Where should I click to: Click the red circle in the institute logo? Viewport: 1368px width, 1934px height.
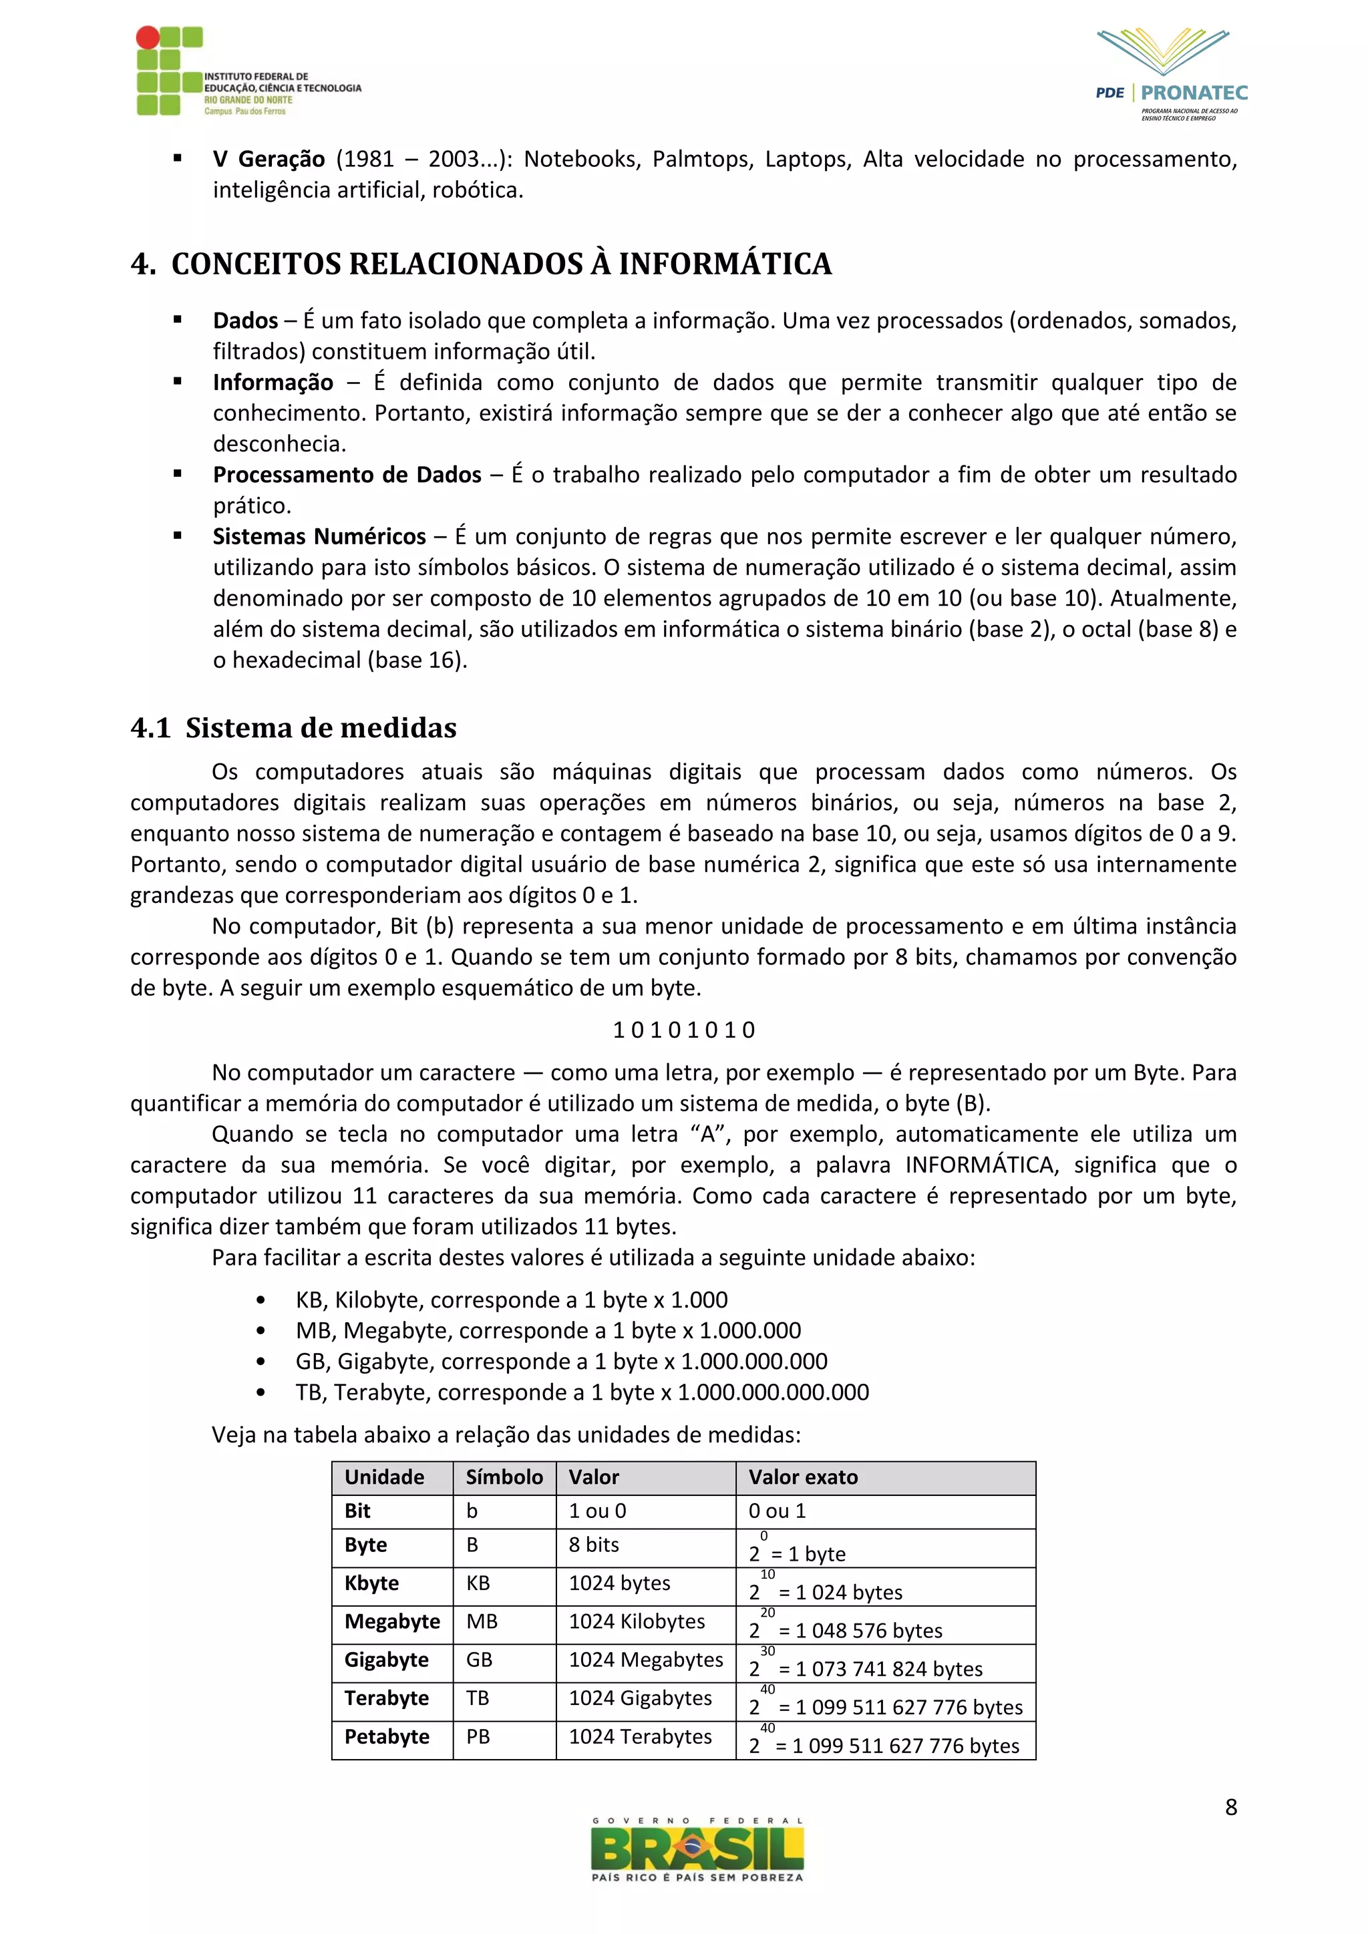pyautogui.click(x=148, y=37)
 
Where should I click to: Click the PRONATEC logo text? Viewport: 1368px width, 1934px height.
pyautogui.click(x=1194, y=93)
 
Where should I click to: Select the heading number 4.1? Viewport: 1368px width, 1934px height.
pyautogui.click(x=151, y=728)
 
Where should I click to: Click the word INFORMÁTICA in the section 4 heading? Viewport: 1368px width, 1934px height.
pyautogui.click(x=725, y=264)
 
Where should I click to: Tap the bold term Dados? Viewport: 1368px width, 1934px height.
pyautogui.click(x=245, y=321)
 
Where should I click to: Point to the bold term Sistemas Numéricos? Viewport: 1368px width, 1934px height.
pyautogui.click(x=319, y=536)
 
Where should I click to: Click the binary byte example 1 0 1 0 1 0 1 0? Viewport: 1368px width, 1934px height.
pyautogui.click(x=683, y=1029)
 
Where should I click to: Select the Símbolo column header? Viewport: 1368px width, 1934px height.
pyautogui.click(x=504, y=1477)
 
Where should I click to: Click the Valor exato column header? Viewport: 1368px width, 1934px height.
pyautogui.click(x=803, y=1477)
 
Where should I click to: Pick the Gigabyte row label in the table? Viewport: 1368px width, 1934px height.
pyautogui.click(x=386, y=1660)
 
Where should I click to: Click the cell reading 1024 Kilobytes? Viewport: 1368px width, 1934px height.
pyautogui.click(x=637, y=1621)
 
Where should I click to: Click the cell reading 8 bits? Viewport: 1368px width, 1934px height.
pyautogui.click(x=594, y=1545)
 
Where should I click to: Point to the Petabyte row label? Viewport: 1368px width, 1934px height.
pyautogui.click(x=386, y=1737)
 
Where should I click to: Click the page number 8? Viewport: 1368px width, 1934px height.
pyautogui.click(x=1230, y=1808)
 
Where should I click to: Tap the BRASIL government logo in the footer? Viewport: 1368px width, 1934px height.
pyautogui.click(x=697, y=1850)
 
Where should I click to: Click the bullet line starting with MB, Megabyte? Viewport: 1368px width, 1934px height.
pyautogui.click(x=548, y=1331)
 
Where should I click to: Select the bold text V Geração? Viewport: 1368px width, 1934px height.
pyautogui.click(x=269, y=159)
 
